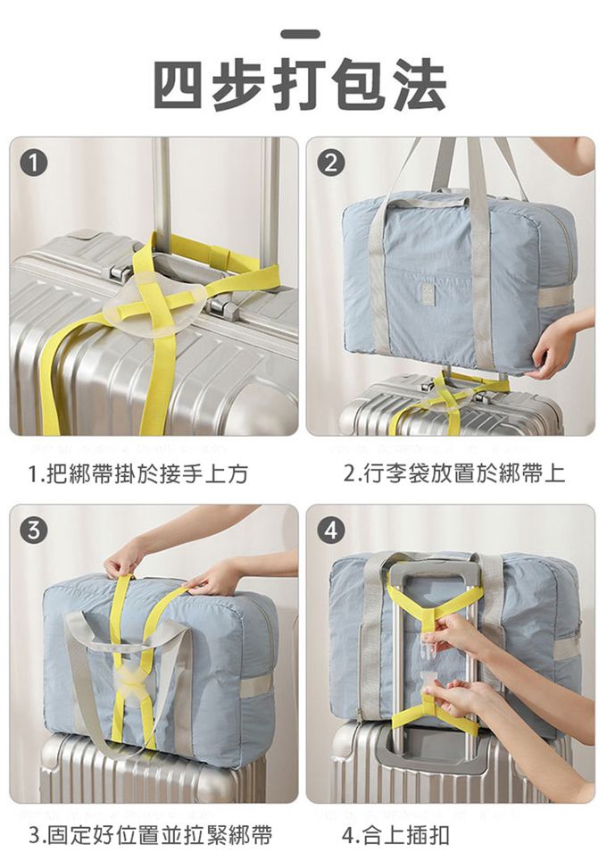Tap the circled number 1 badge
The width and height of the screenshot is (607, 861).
[x=34, y=164]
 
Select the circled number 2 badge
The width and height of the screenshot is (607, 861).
[x=330, y=163]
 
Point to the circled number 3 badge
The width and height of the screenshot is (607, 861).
[x=34, y=531]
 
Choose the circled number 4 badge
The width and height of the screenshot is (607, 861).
[x=330, y=531]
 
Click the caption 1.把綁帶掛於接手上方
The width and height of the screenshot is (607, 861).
[x=137, y=473]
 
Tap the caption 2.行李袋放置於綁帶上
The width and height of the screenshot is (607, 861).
[x=453, y=473]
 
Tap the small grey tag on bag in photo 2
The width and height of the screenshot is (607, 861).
[x=427, y=292]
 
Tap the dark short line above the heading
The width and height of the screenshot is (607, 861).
[x=300, y=34]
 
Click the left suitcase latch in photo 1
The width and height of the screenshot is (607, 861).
[x=117, y=270]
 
